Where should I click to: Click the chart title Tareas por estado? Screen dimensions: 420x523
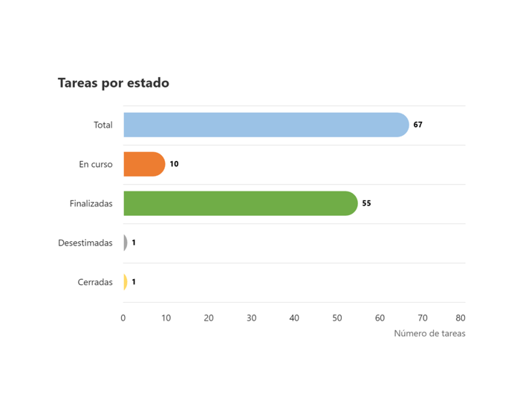point(114,83)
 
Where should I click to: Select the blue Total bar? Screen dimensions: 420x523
point(265,125)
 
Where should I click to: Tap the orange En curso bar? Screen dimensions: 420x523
point(143,164)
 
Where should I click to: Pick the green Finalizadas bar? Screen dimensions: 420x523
point(239,203)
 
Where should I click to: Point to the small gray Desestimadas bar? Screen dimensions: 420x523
point(126,243)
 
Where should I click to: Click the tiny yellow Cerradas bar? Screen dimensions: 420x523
point(125,282)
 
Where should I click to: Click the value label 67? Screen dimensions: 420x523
point(418,125)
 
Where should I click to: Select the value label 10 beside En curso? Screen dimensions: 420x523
point(174,164)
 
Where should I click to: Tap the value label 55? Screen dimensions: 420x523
point(366,203)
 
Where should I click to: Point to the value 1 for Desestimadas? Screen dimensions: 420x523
point(134,243)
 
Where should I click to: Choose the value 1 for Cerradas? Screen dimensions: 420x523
point(134,282)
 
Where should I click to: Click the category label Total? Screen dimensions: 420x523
point(103,125)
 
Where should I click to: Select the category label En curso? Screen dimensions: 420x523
point(96,164)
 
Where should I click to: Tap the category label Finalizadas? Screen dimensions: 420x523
point(91,203)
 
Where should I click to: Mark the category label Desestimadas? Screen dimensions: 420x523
point(85,243)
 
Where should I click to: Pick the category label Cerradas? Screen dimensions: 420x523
point(95,282)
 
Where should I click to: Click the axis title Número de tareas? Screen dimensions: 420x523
point(429,334)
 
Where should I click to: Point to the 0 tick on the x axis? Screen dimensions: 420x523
point(123,318)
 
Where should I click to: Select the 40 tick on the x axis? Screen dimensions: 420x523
point(294,318)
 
